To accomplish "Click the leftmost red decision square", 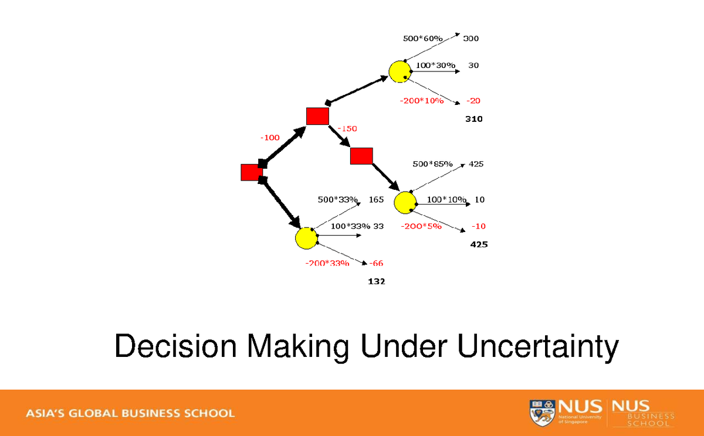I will (252, 172).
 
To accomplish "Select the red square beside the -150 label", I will (317, 116).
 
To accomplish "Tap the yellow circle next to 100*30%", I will (399, 70).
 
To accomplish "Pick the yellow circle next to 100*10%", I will (405, 202).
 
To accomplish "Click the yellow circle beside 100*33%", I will (306, 238).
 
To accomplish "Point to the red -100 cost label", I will (270, 137).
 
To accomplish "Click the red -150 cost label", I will (347, 128).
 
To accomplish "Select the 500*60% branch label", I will (422, 39).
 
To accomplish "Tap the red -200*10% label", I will (421, 101).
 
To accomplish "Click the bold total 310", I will (473, 119).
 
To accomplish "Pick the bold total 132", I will (376, 281).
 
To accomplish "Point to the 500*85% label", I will (432, 164).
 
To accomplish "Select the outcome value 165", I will (376, 199).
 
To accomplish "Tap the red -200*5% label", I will (421, 226).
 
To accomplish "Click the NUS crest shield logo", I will (541, 413).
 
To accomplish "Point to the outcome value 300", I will (471, 39).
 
